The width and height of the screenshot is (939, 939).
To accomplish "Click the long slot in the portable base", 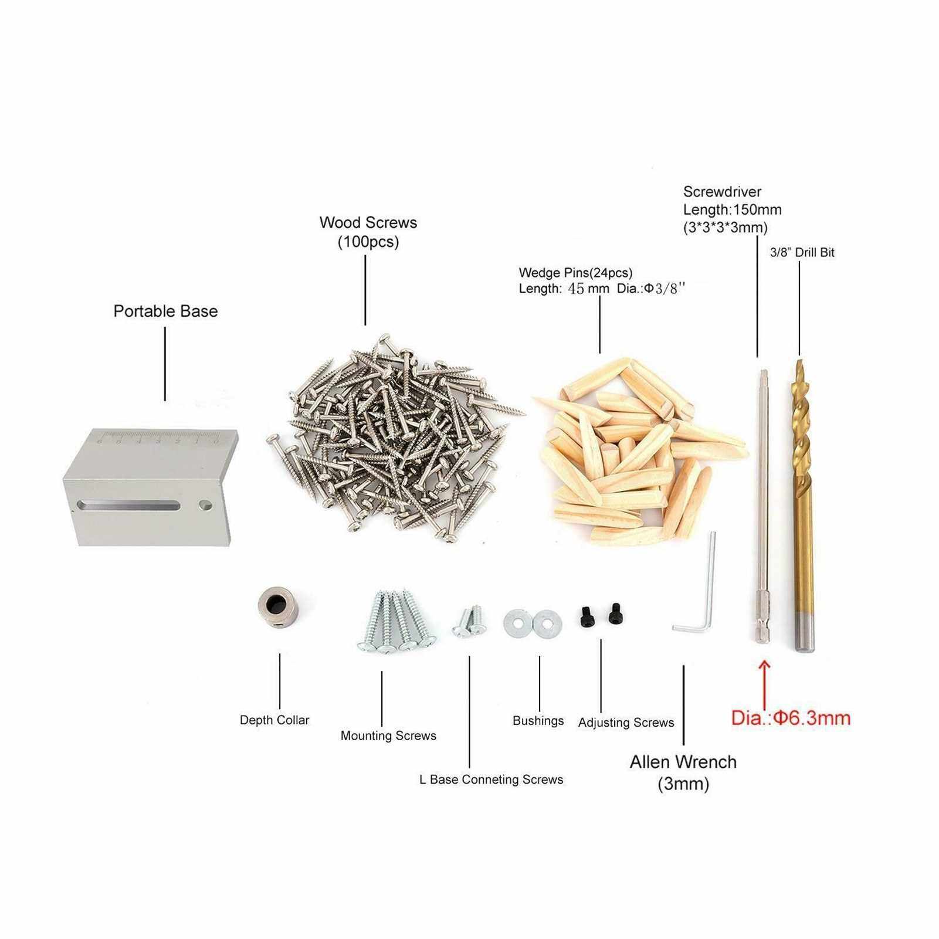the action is (x=130, y=505).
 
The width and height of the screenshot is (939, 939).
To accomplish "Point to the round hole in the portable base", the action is (x=205, y=504).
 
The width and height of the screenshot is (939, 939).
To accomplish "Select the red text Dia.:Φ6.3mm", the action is (x=791, y=718).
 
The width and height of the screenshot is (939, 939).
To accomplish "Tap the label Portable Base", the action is (x=165, y=311).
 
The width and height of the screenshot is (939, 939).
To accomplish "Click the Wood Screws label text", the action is (x=368, y=232).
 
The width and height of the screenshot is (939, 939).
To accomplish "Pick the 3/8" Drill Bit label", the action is (x=802, y=252).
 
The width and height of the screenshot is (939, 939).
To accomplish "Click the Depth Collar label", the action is (x=274, y=720).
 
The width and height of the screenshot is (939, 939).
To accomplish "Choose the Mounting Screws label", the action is (x=388, y=735).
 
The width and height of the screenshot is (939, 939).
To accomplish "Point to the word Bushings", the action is (x=538, y=721).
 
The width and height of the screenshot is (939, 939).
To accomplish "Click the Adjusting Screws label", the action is (x=626, y=723).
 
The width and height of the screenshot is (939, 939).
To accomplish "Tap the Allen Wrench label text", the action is (x=683, y=772).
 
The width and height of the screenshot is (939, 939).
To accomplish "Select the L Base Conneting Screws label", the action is (x=491, y=779).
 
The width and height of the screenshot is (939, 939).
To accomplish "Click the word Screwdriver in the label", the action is (x=722, y=192).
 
